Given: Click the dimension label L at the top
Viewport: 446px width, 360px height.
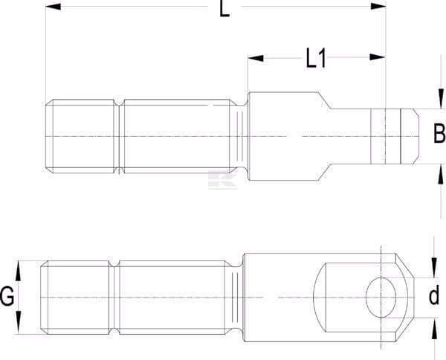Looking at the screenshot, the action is tap(224, 10).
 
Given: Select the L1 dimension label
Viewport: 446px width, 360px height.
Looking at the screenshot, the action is tap(315, 58).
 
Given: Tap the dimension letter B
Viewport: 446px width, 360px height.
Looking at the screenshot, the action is tap(439, 133).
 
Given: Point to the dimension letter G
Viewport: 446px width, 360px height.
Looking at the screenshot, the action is tap(7, 296).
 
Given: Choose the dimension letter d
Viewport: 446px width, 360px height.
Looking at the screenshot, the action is tap(434, 296).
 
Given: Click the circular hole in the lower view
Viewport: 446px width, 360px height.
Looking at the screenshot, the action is tap(381, 297).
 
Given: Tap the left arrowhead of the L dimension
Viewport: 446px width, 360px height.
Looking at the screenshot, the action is tap(54, 6).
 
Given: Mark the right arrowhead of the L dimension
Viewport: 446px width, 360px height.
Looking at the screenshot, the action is tap(378, 6).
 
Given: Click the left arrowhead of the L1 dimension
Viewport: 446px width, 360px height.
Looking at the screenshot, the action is tap(256, 58).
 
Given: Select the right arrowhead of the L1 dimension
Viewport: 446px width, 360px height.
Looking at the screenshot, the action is tap(378, 57).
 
